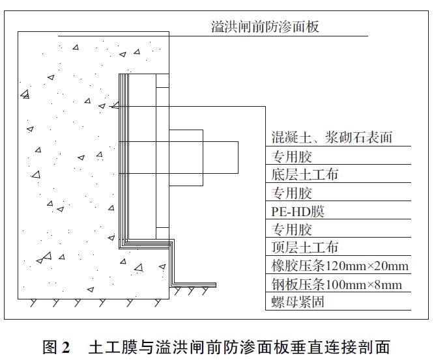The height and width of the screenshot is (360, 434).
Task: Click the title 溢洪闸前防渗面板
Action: click(265, 27)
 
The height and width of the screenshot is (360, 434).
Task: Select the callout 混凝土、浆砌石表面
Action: click(332, 137)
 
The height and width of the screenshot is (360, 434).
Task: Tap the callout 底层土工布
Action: click(304, 174)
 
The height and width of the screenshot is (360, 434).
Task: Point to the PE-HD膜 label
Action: click(297, 212)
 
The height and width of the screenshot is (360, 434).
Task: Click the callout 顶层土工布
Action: click(304, 247)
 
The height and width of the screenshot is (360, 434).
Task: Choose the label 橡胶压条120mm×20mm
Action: click(340, 266)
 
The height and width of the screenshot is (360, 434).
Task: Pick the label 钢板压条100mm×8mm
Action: click(336, 284)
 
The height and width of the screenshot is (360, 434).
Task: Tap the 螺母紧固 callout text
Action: click(297, 301)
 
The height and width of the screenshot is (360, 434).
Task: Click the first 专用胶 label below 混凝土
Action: click(291, 157)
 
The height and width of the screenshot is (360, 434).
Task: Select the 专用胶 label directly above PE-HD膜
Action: click(291, 193)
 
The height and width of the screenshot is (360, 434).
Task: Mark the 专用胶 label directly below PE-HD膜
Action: click(291, 230)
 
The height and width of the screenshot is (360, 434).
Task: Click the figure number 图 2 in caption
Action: click(56, 347)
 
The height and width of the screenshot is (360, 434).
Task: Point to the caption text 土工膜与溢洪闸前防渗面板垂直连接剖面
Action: click(239, 347)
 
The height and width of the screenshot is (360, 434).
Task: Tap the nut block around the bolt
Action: click(186, 158)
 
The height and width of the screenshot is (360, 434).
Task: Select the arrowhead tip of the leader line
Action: click(112, 107)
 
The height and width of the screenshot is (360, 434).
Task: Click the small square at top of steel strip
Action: click(162, 81)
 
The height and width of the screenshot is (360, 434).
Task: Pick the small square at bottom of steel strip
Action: click(162, 233)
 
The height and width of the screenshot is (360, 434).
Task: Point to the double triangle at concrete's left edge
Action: click(25, 94)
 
